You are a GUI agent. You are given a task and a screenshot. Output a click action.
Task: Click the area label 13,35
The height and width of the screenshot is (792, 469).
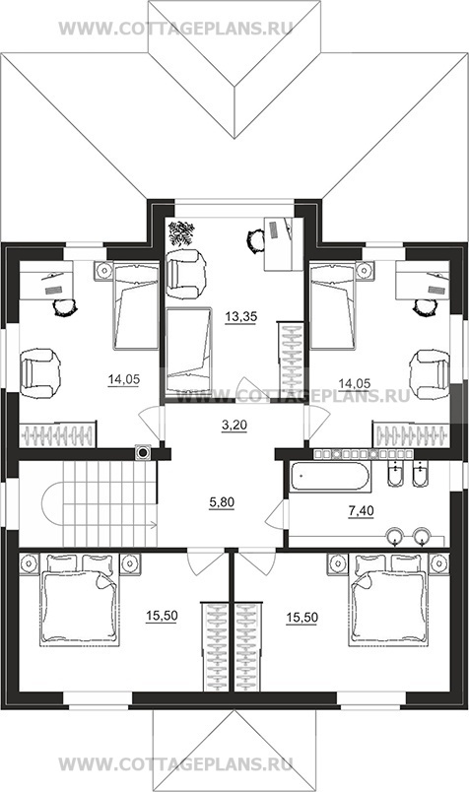(x=241, y=317)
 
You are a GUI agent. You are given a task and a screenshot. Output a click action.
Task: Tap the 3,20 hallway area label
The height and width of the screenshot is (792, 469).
(x=234, y=426)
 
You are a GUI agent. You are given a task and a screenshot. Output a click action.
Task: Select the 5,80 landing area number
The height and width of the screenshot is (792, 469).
(x=222, y=502)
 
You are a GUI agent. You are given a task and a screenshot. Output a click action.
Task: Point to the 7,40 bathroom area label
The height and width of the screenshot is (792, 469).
(x=361, y=511)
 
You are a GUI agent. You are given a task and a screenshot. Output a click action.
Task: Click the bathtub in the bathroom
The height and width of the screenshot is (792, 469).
(x=331, y=477)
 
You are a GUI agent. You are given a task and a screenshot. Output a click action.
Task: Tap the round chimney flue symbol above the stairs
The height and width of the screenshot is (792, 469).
(x=144, y=453)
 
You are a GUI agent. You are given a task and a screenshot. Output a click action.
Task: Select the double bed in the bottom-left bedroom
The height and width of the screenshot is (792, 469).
(x=80, y=600)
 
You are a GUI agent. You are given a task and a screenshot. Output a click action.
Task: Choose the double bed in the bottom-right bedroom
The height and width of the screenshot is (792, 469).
(x=388, y=600)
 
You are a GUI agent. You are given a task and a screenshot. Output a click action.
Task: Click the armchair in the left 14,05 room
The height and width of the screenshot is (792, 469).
(x=40, y=373)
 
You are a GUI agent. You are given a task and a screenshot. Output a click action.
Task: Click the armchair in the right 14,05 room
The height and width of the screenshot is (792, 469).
(x=430, y=373)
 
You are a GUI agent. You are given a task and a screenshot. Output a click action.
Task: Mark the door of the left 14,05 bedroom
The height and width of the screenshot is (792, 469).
(x=152, y=425)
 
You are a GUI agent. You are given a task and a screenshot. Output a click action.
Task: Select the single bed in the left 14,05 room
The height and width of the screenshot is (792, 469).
(x=136, y=305)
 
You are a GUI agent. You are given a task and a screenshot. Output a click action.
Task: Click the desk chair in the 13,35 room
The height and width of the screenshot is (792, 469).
(x=256, y=239)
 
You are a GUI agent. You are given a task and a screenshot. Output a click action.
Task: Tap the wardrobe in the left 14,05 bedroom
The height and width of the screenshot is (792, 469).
(x=57, y=434)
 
